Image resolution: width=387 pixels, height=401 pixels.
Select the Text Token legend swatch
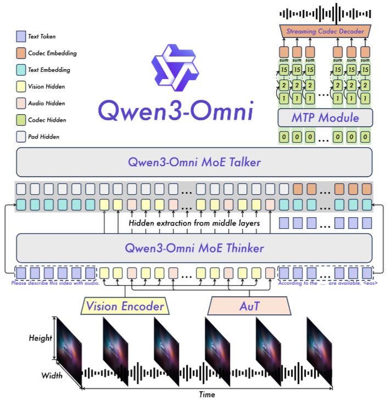coord(21,37)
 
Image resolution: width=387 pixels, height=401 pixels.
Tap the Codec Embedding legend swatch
coord(21,53)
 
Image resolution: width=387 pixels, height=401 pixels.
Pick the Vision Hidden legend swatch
coord(21,86)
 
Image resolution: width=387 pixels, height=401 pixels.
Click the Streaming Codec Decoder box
coord(325,31)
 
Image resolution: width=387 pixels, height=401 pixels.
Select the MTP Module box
coord(325,117)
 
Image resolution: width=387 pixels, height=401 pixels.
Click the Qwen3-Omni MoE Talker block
coord(194,162)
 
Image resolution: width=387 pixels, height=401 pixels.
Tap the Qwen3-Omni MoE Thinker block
coord(194,248)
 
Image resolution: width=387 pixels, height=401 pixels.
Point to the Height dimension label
coord(40,338)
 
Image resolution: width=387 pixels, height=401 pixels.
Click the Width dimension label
coord(52,376)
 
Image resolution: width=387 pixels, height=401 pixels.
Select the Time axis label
coord(206,394)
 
